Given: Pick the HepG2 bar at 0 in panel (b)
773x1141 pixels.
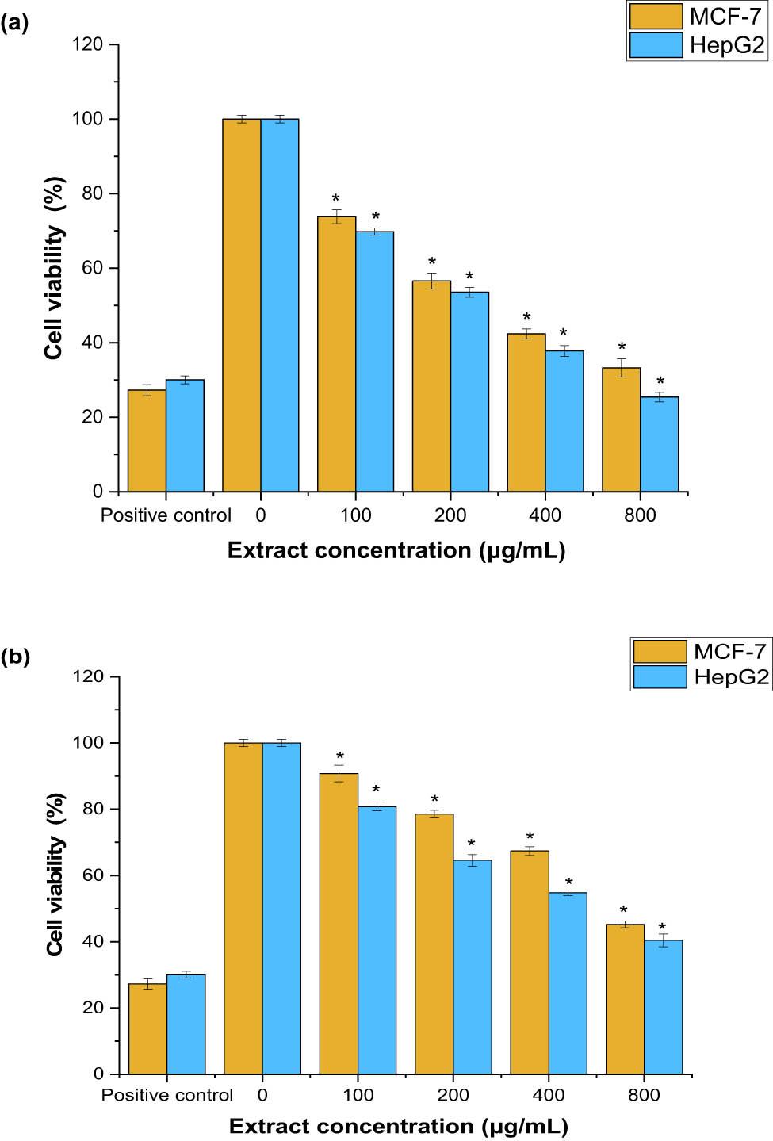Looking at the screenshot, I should tap(281, 908).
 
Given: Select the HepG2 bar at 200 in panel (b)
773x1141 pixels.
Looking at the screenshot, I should tap(473, 967).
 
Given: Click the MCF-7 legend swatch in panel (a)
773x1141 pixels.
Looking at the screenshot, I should tap(656, 17).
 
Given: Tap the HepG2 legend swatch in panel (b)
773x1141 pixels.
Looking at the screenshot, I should tap(660, 676).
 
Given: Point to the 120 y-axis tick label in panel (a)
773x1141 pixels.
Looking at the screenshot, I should tap(87, 44).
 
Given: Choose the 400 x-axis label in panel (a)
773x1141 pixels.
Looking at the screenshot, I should tap(545, 515).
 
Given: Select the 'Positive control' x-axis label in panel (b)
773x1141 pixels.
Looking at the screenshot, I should tap(167, 1095).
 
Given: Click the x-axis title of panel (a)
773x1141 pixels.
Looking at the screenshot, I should tap(396, 550).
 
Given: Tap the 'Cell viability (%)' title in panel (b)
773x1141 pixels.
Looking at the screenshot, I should tap(55, 875).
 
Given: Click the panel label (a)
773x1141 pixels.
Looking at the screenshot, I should tap(14, 23).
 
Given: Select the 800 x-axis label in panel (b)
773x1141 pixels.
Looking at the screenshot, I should tap(644, 1095).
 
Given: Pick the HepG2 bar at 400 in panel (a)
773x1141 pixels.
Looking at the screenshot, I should tap(564, 421).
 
